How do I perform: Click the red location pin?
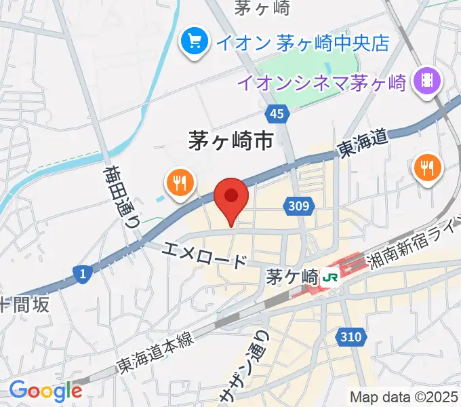click(231, 198)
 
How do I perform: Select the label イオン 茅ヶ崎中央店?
click(302, 43)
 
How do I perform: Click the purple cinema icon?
click(429, 81)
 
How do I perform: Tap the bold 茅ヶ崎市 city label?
click(230, 141)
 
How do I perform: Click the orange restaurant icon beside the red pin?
click(179, 183)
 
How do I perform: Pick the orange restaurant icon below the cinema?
click(428, 167)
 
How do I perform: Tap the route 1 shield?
click(81, 273)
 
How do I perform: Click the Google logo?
click(45, 391)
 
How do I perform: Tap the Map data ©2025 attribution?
click(404, 397)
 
